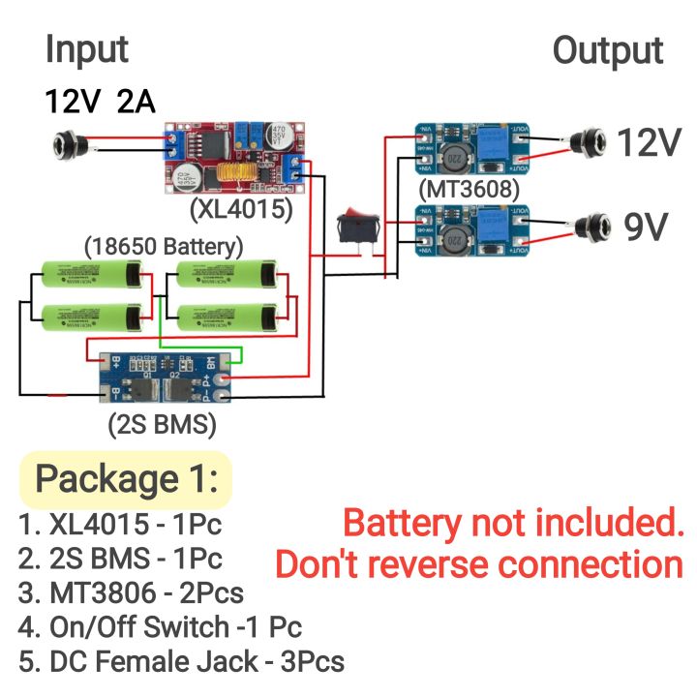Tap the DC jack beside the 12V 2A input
click(x=78, y=146)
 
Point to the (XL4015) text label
click(x=241, y=209)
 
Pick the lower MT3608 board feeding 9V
click(x=472, y=233)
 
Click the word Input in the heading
click(x=86, y=48)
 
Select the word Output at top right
click(x=608, y=50)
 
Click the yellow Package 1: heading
click(x=127, y=479)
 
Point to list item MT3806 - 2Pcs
click(x=131, y=591)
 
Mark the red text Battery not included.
click(x=513, y=524)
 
